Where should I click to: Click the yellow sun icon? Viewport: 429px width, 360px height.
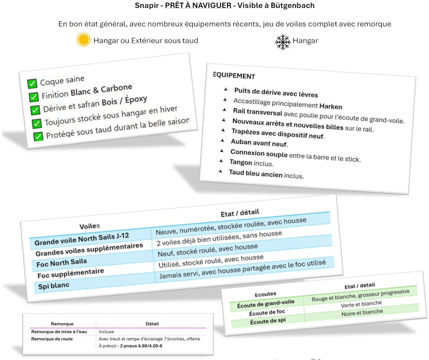coord(84,39)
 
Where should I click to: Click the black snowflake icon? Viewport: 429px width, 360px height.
coord(283,42)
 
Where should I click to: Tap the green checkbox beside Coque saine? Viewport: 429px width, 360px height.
coord(32,83)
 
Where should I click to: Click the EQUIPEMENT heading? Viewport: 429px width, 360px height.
coord(234,76)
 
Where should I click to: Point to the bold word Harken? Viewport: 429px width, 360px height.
coord(331,106)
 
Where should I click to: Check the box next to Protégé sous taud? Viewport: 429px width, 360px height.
coord(38,136)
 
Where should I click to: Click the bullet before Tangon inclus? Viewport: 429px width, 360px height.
coord(221,161)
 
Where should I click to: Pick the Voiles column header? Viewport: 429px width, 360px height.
coord(90,226)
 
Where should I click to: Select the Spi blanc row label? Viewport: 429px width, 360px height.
coord(54,286)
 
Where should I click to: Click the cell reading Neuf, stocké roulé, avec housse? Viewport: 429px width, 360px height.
coord(208,250)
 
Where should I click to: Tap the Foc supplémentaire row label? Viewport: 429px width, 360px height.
coord(71,273)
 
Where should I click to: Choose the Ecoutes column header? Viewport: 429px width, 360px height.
coord(266,294)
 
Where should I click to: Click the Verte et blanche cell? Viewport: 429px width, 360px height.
coord(361,304)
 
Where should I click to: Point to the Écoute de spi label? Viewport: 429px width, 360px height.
coord(268,321)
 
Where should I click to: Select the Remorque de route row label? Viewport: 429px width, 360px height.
coord(52,339)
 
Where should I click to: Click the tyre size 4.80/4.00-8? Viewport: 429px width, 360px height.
coord(150,346)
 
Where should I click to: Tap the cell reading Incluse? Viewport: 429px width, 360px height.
coord(106,332)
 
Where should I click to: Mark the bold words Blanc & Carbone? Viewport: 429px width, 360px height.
coord(102,90)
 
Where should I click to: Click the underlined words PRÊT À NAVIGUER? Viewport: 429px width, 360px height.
coord(198,6)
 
